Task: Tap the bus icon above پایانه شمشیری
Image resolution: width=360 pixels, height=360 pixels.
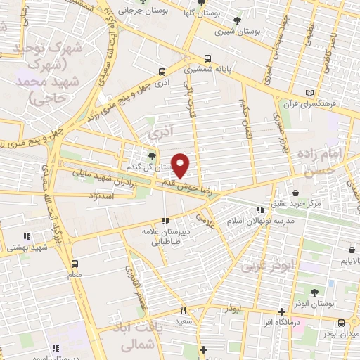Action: tap(207, 60)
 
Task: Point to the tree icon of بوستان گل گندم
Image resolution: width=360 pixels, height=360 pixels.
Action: tap(153, 156)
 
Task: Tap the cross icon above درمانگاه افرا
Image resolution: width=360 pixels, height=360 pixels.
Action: tap(281, 311)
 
